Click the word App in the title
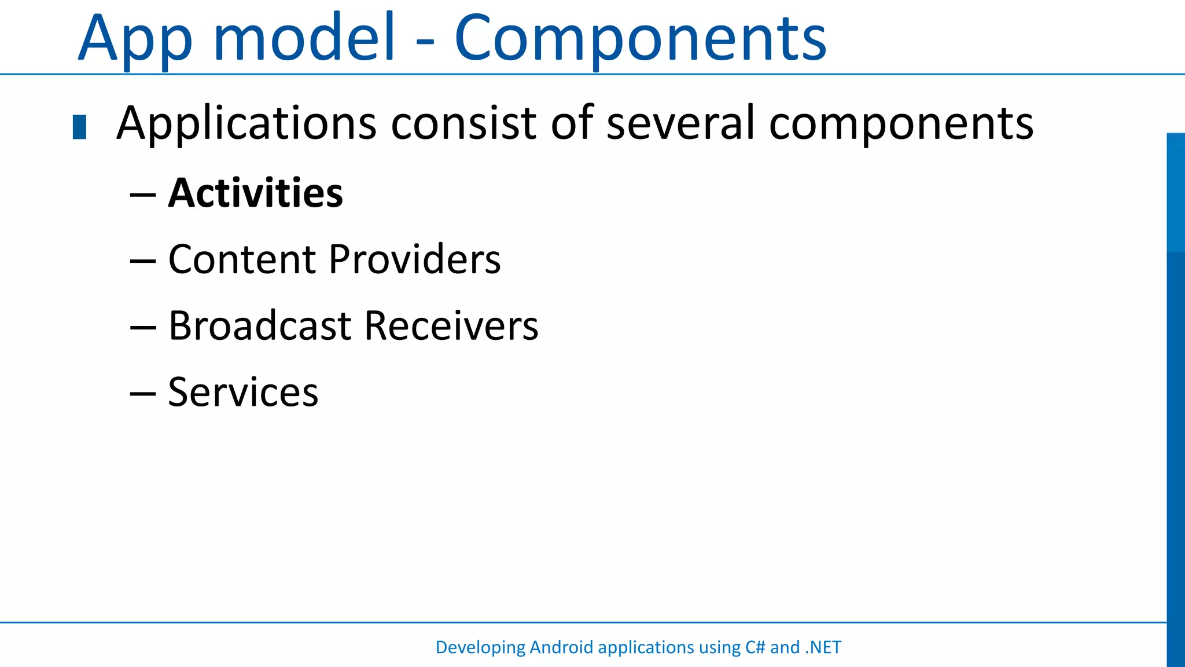(x=134, y=39)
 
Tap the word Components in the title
(x=641, y=39)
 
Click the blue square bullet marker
(x=80, y=127)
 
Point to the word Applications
(x=246, y=123)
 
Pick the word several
(x=680, y=123)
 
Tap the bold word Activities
(x=255, y=193)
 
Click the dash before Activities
(x=142, y=195)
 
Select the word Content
(x=242, y=259)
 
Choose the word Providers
(x=414, y=259)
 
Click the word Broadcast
(x=260, y=325)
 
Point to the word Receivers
(x=451, y=325)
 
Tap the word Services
(x=243, y=392)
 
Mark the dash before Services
(x=142, y=394)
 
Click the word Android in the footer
(x=561, y=647)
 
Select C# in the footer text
(x=756, y=647)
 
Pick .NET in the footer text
(x=823, y=647)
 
